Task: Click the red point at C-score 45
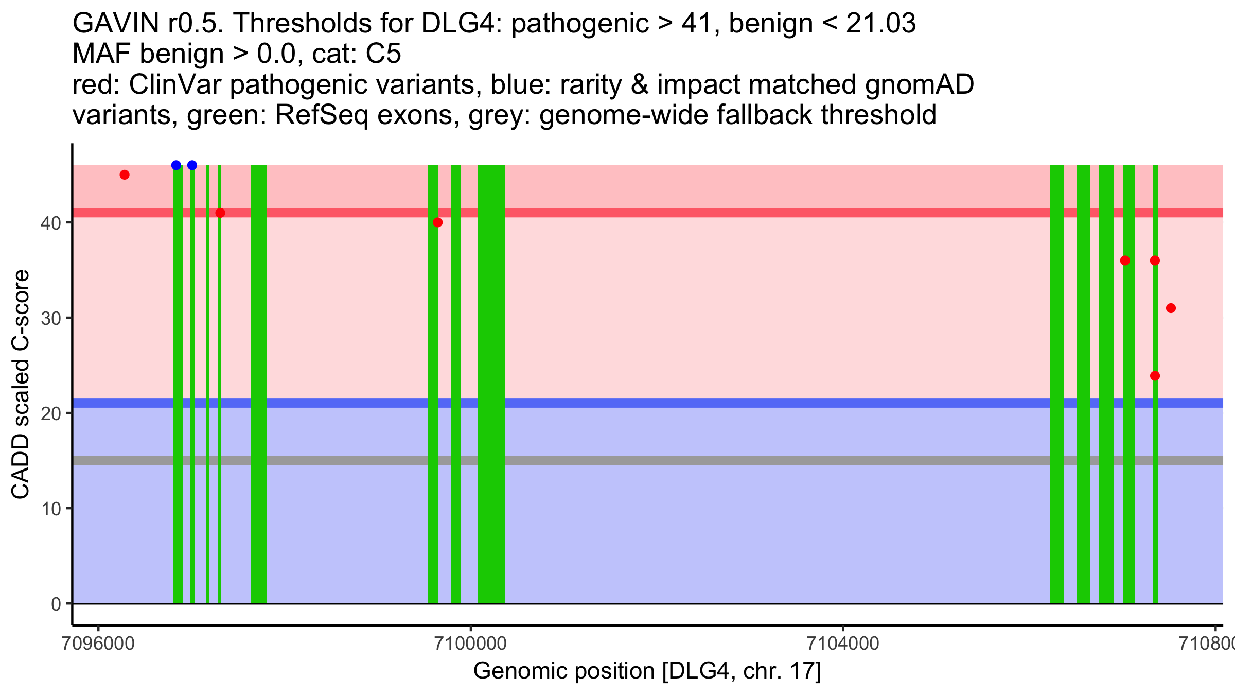(x=125, y=175)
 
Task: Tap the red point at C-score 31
(x=1171, y=308)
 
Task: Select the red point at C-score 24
(x=1155, y=376)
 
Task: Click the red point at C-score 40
(x=437, y=222)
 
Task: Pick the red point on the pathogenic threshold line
(x=220, y=213)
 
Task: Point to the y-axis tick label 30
(x=51, y=318)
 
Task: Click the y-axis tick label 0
(x=56, y=604)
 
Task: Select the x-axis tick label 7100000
(x=470, y=644)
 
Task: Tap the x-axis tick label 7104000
(x=843, y=644)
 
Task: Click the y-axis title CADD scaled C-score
(x=21, y=385)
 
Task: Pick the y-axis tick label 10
(x=51, y=509)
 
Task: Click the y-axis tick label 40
(x=51, y=223)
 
